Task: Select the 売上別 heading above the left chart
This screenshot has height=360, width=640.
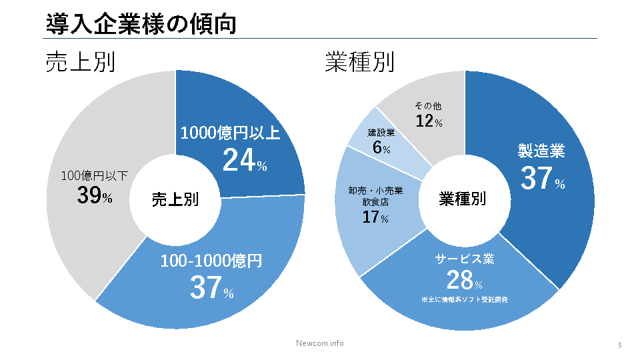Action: click(81, 62)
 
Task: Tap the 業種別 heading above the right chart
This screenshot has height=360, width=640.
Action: click(359, 62)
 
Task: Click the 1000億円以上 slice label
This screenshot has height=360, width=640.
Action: click(231, 133)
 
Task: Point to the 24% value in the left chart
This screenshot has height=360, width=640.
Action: click(244, 160)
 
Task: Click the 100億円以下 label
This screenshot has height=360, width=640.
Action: click(95, 176)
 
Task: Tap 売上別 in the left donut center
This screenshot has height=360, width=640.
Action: click(175, 199)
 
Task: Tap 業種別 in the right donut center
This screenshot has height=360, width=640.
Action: click(462, 199)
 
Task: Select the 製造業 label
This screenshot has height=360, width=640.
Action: click(541, 151)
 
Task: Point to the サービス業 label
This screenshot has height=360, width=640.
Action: click(465, 259)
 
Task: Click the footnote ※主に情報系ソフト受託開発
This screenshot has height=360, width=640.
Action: click(465, 300)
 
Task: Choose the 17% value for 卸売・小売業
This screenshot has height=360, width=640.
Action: click(375, 217)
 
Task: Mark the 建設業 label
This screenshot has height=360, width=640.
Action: click(381, 133)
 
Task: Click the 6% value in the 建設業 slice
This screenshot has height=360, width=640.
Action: click(381, 147)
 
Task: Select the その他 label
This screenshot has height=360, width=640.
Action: click(428, 106)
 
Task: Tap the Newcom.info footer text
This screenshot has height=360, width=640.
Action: click(320, 343)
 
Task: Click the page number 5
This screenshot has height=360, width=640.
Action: click(619, 345)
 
